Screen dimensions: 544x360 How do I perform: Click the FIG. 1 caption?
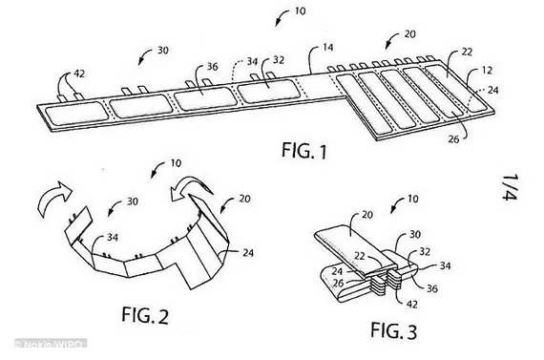pos(304,151)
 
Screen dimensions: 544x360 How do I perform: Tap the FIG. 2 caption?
pos(145,315)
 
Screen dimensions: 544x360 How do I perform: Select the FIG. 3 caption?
pos(393,330)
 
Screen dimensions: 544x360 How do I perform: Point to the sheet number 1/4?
pos(510,187)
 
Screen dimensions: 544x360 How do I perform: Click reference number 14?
pos(328,47)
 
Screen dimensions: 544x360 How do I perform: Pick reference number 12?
pos(487,70)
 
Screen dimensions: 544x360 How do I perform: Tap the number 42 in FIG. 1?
pos(79,74)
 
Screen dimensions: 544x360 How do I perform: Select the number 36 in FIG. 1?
pos(212,66)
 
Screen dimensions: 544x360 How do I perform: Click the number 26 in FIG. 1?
pos(453,139)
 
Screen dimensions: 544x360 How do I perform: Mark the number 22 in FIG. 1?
pos(467,52)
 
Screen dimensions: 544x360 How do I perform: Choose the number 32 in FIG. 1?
pos(279,60)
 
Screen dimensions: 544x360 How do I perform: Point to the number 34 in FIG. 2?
pos(112,238)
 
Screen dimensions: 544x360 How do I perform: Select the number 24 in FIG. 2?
pos(248,253)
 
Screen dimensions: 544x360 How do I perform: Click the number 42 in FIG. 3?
pos(411,305)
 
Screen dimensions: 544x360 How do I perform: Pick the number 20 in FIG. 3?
pos(367,215)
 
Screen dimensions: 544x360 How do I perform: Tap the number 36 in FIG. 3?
pos(432,288)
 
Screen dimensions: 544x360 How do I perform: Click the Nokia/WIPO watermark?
pos(51,344)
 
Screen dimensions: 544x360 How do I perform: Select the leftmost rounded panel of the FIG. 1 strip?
pos(75,113)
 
